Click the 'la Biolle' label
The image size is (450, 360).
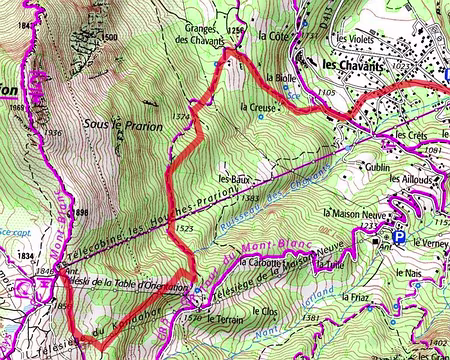click(x=281, y=76)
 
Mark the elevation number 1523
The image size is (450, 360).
click(x=184, y=229)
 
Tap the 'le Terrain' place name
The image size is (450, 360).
click(x=225, y=319)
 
